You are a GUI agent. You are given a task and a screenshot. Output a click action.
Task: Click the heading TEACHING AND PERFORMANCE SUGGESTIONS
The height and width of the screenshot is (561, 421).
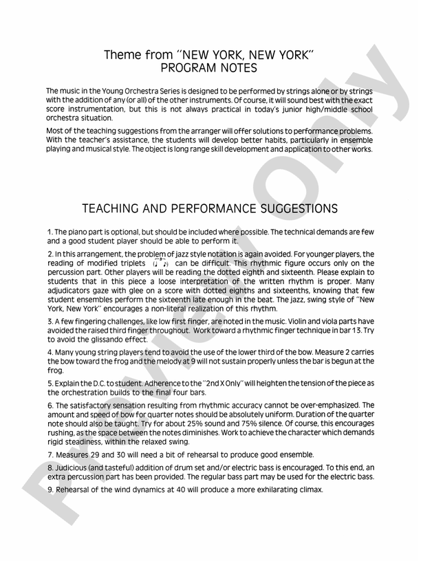pos(209,208)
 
